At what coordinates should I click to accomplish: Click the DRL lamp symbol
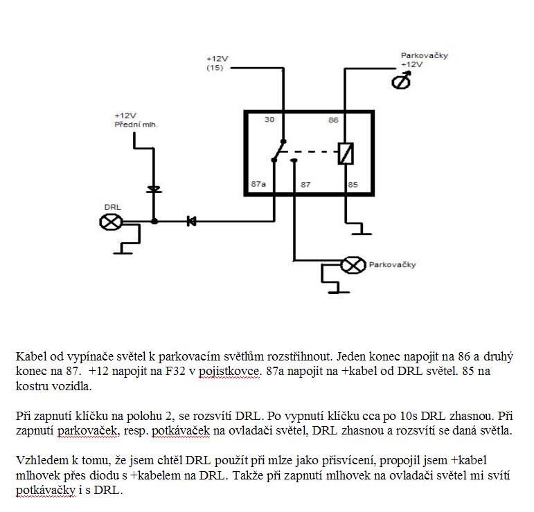(111, 221)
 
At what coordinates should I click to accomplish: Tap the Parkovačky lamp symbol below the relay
(354, 264)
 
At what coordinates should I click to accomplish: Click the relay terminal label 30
(270, 120)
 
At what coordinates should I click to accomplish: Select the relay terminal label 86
(333, 120)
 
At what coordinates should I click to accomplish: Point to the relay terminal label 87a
(258, 185)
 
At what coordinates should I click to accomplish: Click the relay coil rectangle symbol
(346, 153)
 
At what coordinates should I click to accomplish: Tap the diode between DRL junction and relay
(191, 221)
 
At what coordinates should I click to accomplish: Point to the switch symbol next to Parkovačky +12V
(401, 82)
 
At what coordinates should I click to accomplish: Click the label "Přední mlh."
(136, 125)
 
